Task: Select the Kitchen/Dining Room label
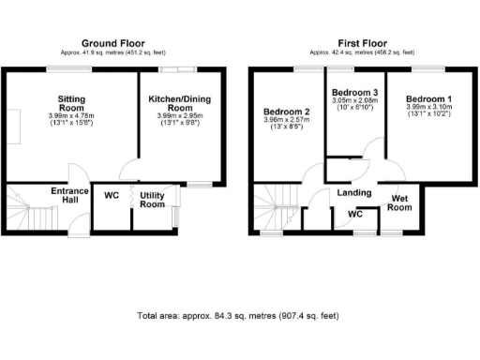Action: pyautogui.click(x=179, y=101)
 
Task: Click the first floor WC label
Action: pyautogui.click(x=355, y=215)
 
